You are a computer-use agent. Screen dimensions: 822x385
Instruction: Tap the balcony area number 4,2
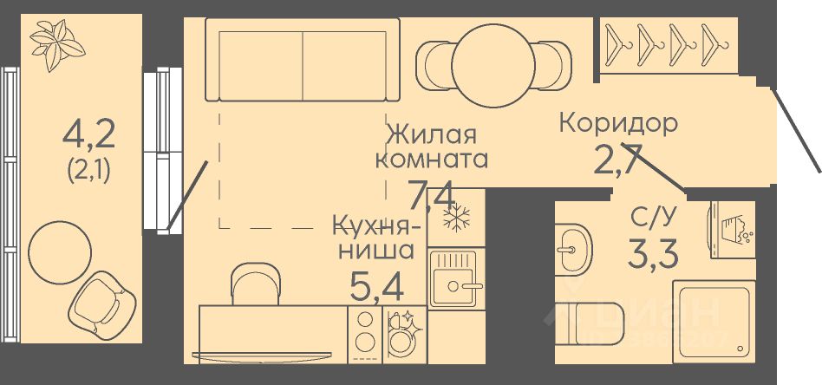(x=89, y=134)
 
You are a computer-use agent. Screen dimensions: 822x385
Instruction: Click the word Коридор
(x=617, y=122)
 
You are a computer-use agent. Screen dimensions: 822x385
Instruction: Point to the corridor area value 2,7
(x=616, y=160)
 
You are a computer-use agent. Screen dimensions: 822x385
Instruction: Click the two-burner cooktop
(x=365, y=331)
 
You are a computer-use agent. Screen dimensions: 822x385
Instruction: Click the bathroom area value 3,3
(x=651, y=254)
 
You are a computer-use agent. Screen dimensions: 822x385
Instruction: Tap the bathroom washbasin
(x=571, y=249)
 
